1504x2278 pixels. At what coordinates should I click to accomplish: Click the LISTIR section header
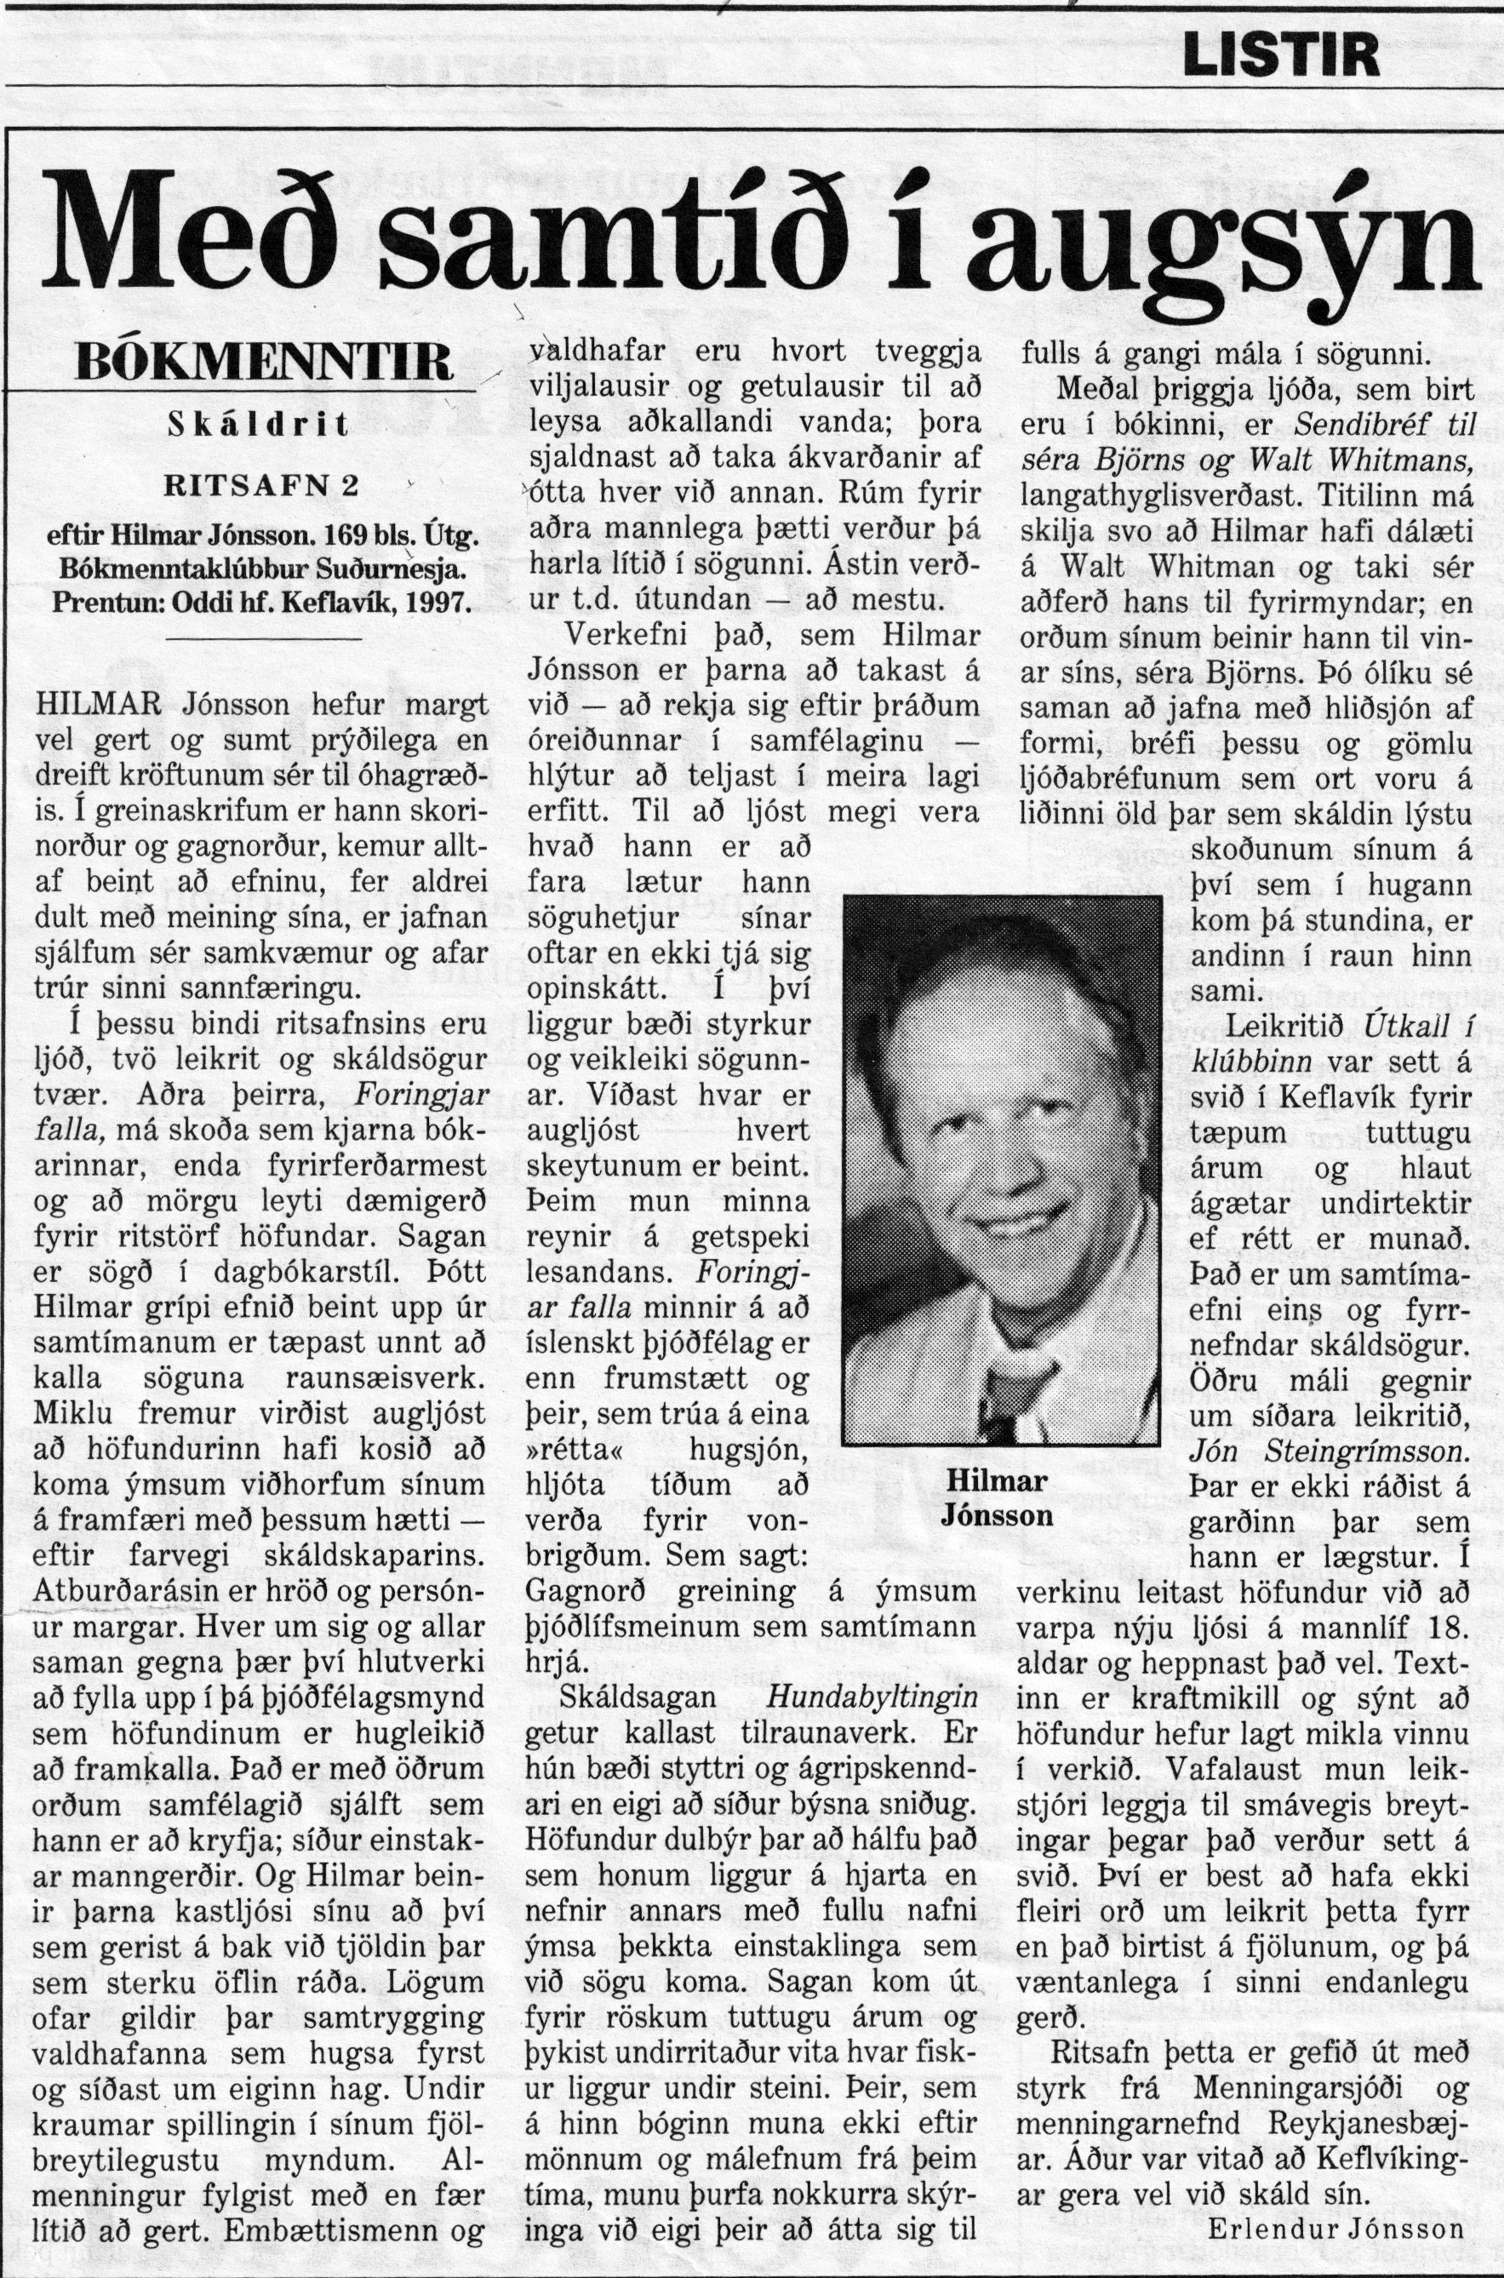click(1282, 56)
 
